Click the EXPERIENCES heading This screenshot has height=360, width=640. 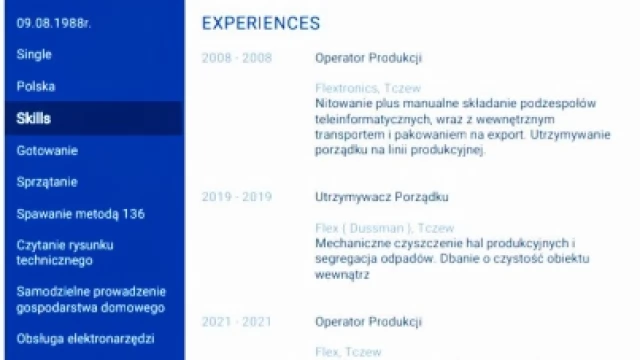261,23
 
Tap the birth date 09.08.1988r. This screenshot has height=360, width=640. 54,24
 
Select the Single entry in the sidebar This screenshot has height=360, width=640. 34,55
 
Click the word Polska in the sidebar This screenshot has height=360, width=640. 36,87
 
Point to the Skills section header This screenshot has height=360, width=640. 33,118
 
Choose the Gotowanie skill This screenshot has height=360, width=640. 47,150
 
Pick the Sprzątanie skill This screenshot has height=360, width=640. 47,182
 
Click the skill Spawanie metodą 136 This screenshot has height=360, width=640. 81,214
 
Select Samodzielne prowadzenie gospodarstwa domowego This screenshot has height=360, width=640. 90,299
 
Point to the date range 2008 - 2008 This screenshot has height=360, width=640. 237,58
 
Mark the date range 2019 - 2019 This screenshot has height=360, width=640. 237,197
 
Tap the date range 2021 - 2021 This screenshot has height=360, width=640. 237,322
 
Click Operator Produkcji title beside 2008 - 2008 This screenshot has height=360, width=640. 368,58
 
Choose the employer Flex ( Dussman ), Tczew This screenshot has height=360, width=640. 384,227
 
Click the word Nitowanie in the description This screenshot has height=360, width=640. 343,103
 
